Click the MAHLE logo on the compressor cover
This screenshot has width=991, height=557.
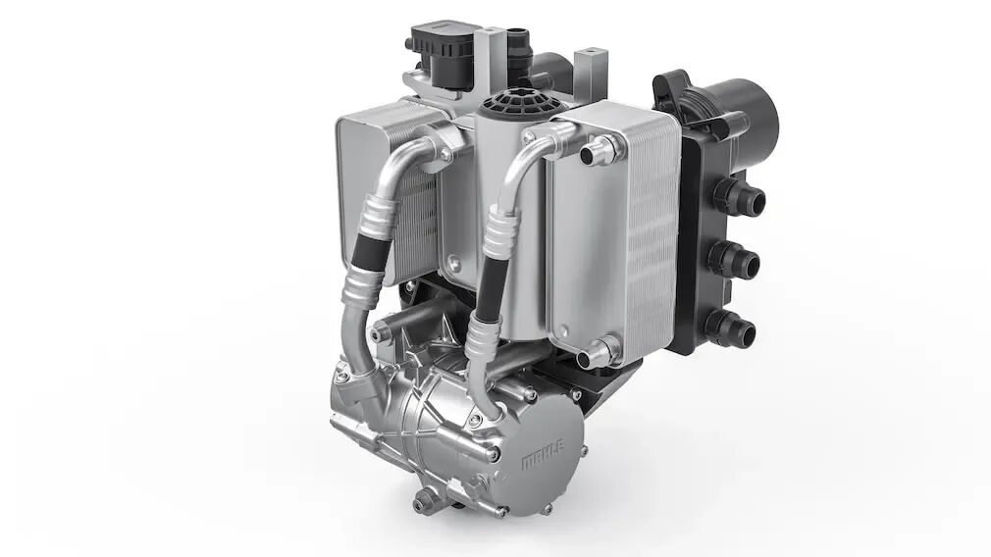(x=543, y=453)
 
